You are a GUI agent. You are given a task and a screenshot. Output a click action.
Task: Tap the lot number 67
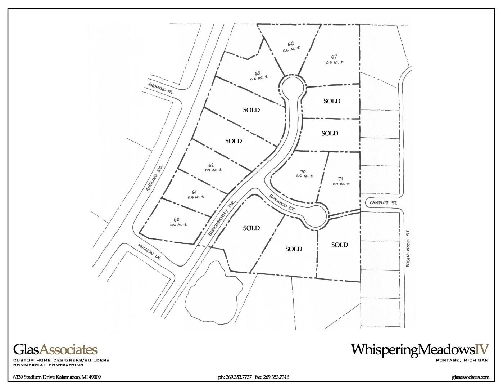pos(334,57)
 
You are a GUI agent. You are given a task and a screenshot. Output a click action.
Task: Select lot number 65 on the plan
pos(257,73)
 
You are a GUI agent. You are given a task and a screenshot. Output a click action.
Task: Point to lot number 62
pos(211,165)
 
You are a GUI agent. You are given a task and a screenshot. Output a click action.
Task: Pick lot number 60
pos(176,219)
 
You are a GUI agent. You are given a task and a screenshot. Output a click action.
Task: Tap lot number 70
pos(303,171)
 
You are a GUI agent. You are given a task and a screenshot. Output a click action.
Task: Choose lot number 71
pos(340,179)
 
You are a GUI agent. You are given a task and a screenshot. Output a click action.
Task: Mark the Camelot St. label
pos(383,203)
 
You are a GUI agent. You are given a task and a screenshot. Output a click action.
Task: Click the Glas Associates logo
pos(55,350)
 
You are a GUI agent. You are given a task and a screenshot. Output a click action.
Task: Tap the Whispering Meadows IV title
pos(420,349)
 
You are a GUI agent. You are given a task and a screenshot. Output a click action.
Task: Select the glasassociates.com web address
pos(470,377)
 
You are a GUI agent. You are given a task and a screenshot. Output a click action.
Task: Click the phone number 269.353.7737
pos(235,377)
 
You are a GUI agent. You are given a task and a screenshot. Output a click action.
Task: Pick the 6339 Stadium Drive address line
pos(57,377)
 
